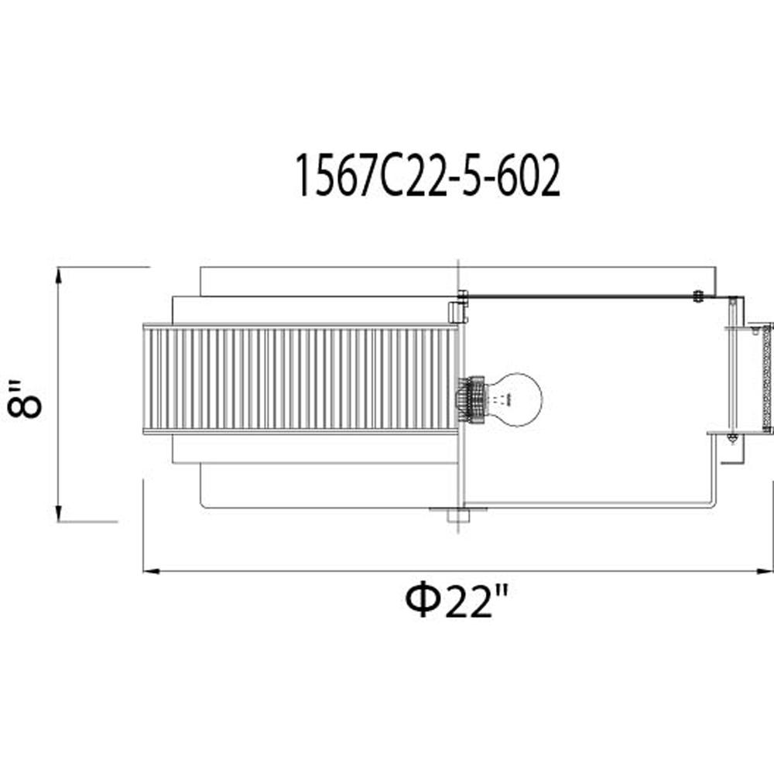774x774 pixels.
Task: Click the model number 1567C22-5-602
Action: click(x=427, y=175)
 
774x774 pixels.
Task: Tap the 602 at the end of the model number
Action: click(x=528, y=175)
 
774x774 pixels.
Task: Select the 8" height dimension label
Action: click(x=25, y=399)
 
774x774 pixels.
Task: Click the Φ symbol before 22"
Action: click(x=423, y=601)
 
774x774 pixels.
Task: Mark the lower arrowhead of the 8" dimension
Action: click(x=59, y=513)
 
